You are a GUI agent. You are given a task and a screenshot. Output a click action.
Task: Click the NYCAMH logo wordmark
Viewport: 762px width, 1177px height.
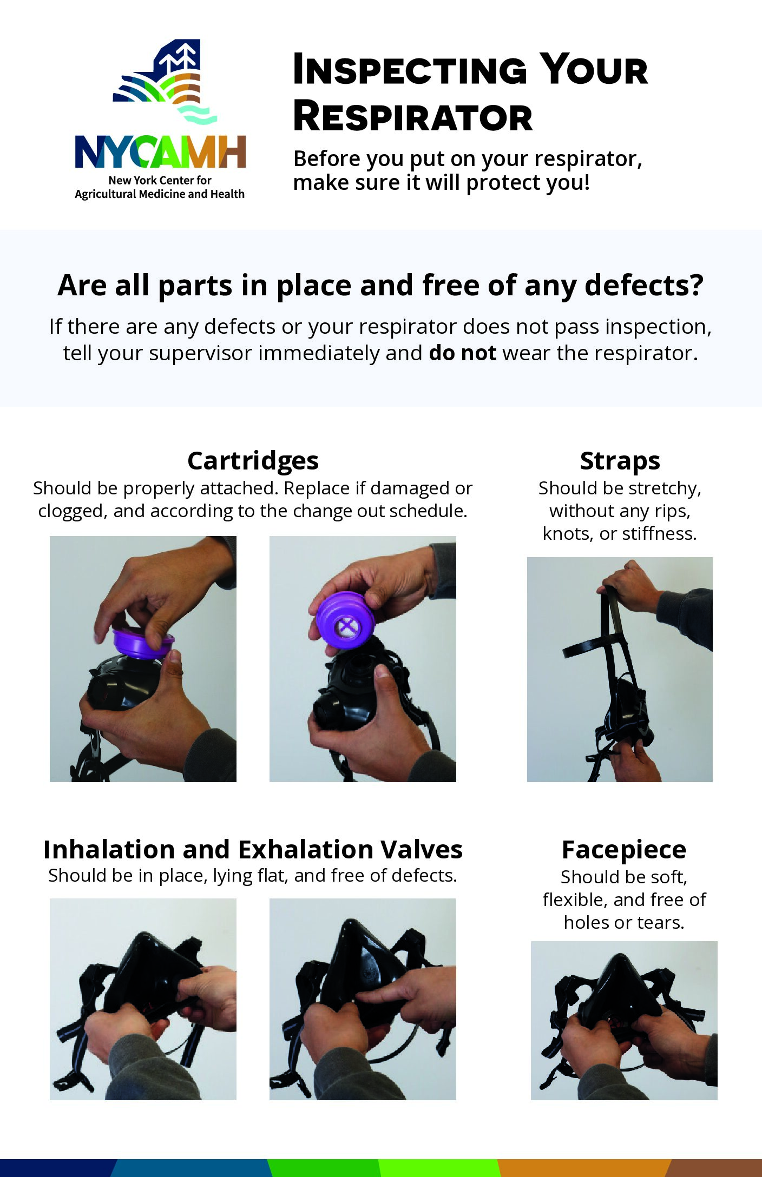161,152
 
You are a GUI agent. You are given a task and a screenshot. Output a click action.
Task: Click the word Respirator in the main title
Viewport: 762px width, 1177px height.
413,117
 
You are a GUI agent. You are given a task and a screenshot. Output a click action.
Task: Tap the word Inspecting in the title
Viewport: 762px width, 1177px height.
410,70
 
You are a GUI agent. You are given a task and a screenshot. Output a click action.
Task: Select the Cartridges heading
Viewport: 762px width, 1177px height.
253,461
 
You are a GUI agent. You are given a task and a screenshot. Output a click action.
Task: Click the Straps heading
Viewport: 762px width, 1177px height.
620,461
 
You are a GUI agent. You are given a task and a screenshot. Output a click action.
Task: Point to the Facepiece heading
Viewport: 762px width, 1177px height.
624,850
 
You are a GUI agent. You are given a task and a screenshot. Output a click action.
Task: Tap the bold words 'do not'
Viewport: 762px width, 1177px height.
463,353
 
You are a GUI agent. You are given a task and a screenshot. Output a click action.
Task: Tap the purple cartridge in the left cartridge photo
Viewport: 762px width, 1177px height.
142,644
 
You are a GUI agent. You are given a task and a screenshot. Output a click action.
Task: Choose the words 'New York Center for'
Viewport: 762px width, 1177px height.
160,180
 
